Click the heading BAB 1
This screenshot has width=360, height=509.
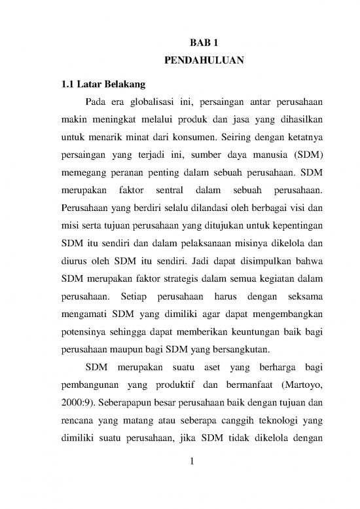pyautogui.click(x=203, y=43)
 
